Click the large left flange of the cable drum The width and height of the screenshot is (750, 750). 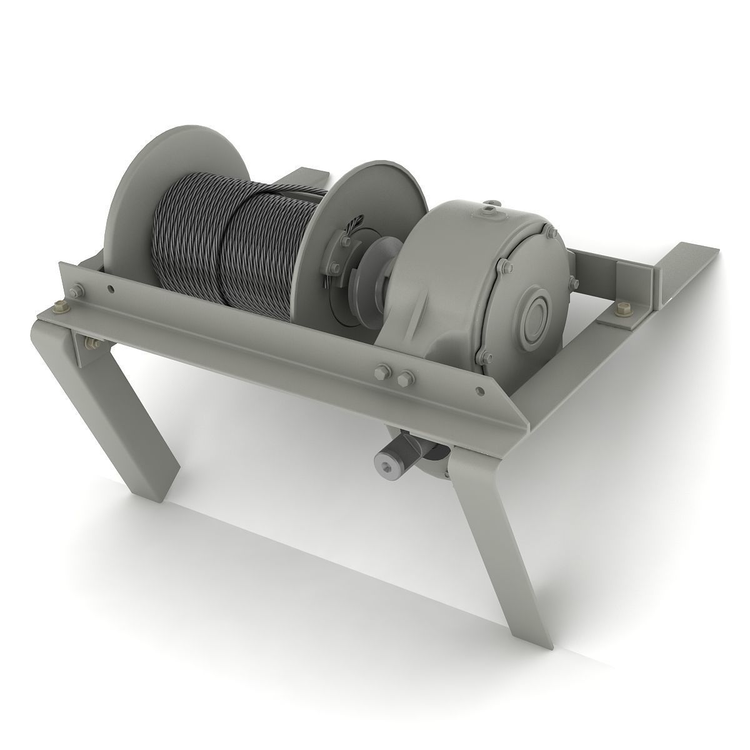(134, 187)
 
